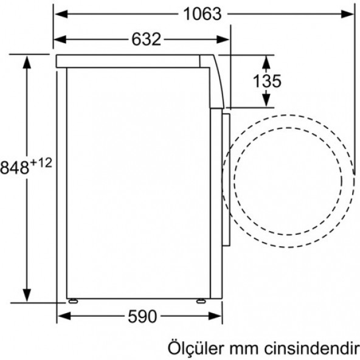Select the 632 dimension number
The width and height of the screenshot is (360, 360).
click(146, 40)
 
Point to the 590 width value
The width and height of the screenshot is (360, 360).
click(142, 317)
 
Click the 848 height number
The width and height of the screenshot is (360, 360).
click(16, 167)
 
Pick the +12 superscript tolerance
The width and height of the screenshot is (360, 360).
click(40, 162)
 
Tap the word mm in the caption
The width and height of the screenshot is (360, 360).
click(244, 348)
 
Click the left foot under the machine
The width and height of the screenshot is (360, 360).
click(73, 300)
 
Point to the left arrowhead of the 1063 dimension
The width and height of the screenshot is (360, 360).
click(58, 14)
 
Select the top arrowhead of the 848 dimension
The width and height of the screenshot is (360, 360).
click(27, 60)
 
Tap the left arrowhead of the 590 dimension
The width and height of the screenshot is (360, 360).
click(61, 317)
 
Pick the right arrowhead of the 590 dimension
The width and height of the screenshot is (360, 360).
click(220, 317)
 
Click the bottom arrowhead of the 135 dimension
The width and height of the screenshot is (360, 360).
click(266, 103)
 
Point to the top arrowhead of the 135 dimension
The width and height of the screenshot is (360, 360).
click(266, 59)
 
